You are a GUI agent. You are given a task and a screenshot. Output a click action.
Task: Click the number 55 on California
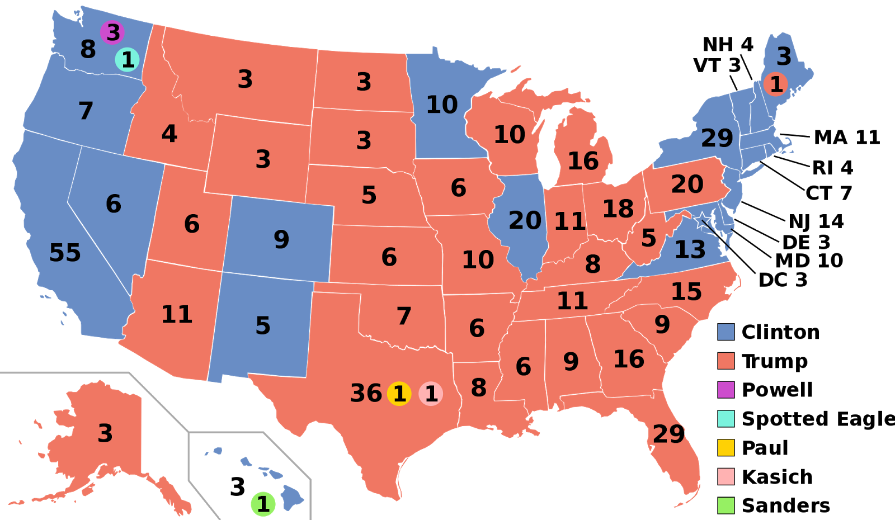pyautogui.click(x=65, y=253)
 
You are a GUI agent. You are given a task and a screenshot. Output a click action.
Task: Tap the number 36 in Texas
pyautogui.click(x=366, y=394)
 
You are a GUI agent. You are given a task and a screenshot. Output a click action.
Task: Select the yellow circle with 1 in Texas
pyautogui.click(x=399, y=394)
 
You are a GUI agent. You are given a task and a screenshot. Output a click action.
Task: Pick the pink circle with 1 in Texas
pyautogui.click(x=431, y=394)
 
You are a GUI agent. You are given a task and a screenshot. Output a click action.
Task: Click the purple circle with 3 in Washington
pyautogui.click(x=112, y=32)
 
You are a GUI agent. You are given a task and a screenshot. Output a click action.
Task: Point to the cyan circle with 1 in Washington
pyautogui.click(x=128, y=60)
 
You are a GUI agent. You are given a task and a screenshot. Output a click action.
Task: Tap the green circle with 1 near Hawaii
pyautogui.click(x=263, y=504)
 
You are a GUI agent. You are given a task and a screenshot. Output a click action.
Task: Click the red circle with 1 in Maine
pyautogui.click(x=776, y=84)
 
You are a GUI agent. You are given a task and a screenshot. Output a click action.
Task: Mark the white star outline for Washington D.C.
pyautogui.click(x=702, y=220)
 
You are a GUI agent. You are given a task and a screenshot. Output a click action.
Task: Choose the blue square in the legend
pyautogui.click(x=726, y=332)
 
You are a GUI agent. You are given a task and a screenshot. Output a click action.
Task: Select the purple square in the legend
pyautogui.click(x=726, y=390)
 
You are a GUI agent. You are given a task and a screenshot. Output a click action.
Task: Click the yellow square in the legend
pyautogui.click(x=726, y=447)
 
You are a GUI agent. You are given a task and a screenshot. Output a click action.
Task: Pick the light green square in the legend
pyautogui.click(x=726, y=505)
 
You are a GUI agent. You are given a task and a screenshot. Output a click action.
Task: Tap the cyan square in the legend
pyautogui.click(x=726, y=418)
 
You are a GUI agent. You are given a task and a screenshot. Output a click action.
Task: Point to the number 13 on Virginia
pyautogui.click(x=690, y=250)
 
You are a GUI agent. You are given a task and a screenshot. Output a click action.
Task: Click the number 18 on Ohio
pyautogui.click(x=618, y=209)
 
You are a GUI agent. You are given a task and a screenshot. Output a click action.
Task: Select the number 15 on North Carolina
pyautogui.click(x=686, y=292)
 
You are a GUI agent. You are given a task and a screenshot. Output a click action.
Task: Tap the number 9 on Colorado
pyautogui.click(x=281, y=240)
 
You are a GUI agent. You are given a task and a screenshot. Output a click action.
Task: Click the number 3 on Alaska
pyautogui.click(x=105, y=433)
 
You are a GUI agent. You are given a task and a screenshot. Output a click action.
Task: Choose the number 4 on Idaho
pyautogui.click(x=169, y=134)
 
